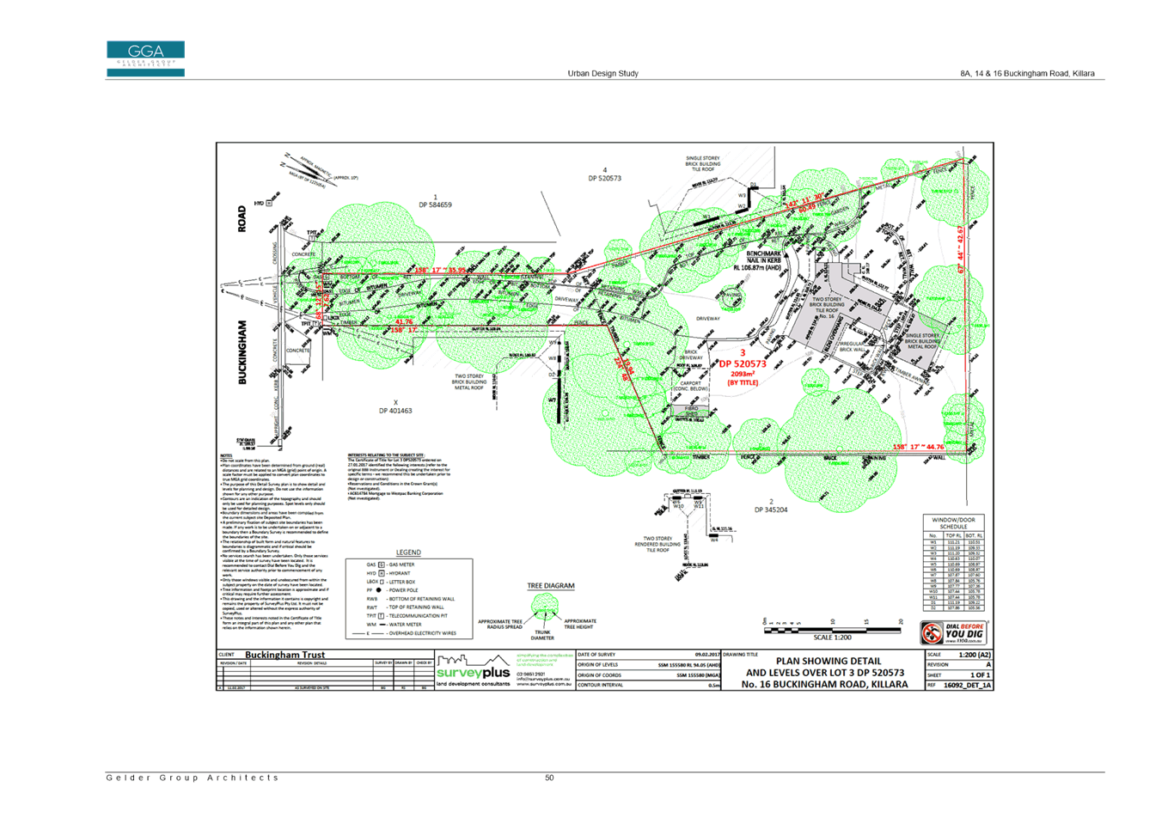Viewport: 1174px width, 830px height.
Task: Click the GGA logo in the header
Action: pyautogui.click(x=145, y=58)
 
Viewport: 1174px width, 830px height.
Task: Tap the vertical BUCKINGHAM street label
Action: pyautogui.click(x=242, y=351)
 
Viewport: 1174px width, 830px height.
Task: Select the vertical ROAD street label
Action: pyautogui.click(x=242, y=218)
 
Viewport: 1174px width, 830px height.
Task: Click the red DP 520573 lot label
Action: pyautogui.click(x=743, y=363)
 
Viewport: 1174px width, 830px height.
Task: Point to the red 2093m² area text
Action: pyautogui.click(x=743, y=374)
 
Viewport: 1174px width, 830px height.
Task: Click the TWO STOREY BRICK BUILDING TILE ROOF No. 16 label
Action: pyautogui.click(x=827, y=308)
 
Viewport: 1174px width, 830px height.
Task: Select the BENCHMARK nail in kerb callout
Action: pyautogui.click(x=764, y=260)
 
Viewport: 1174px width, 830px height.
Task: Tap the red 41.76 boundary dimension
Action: pyautogui.click(x=404, y=322)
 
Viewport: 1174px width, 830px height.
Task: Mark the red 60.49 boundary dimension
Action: pyautogui.click(x=807, y=208)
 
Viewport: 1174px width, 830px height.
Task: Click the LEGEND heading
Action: pyautogui.click(x=409, y=552)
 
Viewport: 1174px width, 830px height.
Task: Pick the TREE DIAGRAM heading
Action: pyautogui.click(x=550, y=586)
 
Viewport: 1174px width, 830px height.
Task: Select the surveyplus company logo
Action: pyautogui.click(x=474, y=671)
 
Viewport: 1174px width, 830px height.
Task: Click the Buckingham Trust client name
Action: pyautogui.click(x=284, y=655)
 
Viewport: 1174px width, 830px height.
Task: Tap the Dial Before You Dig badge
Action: pyautogui.click(x=954, y=633)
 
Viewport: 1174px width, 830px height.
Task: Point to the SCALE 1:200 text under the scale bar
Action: pyautogui.click(x=832, y=638)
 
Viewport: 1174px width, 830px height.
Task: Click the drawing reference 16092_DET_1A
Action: pyautogui.click(x=967, y=685)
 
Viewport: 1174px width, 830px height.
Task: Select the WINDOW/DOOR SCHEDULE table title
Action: pyautogui.click(x=954, y=523)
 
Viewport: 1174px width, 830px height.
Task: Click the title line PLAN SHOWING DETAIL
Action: pyautogui.click(x=828, y=661)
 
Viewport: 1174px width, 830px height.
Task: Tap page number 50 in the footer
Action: pyautogui.click(x=549, y=778)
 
